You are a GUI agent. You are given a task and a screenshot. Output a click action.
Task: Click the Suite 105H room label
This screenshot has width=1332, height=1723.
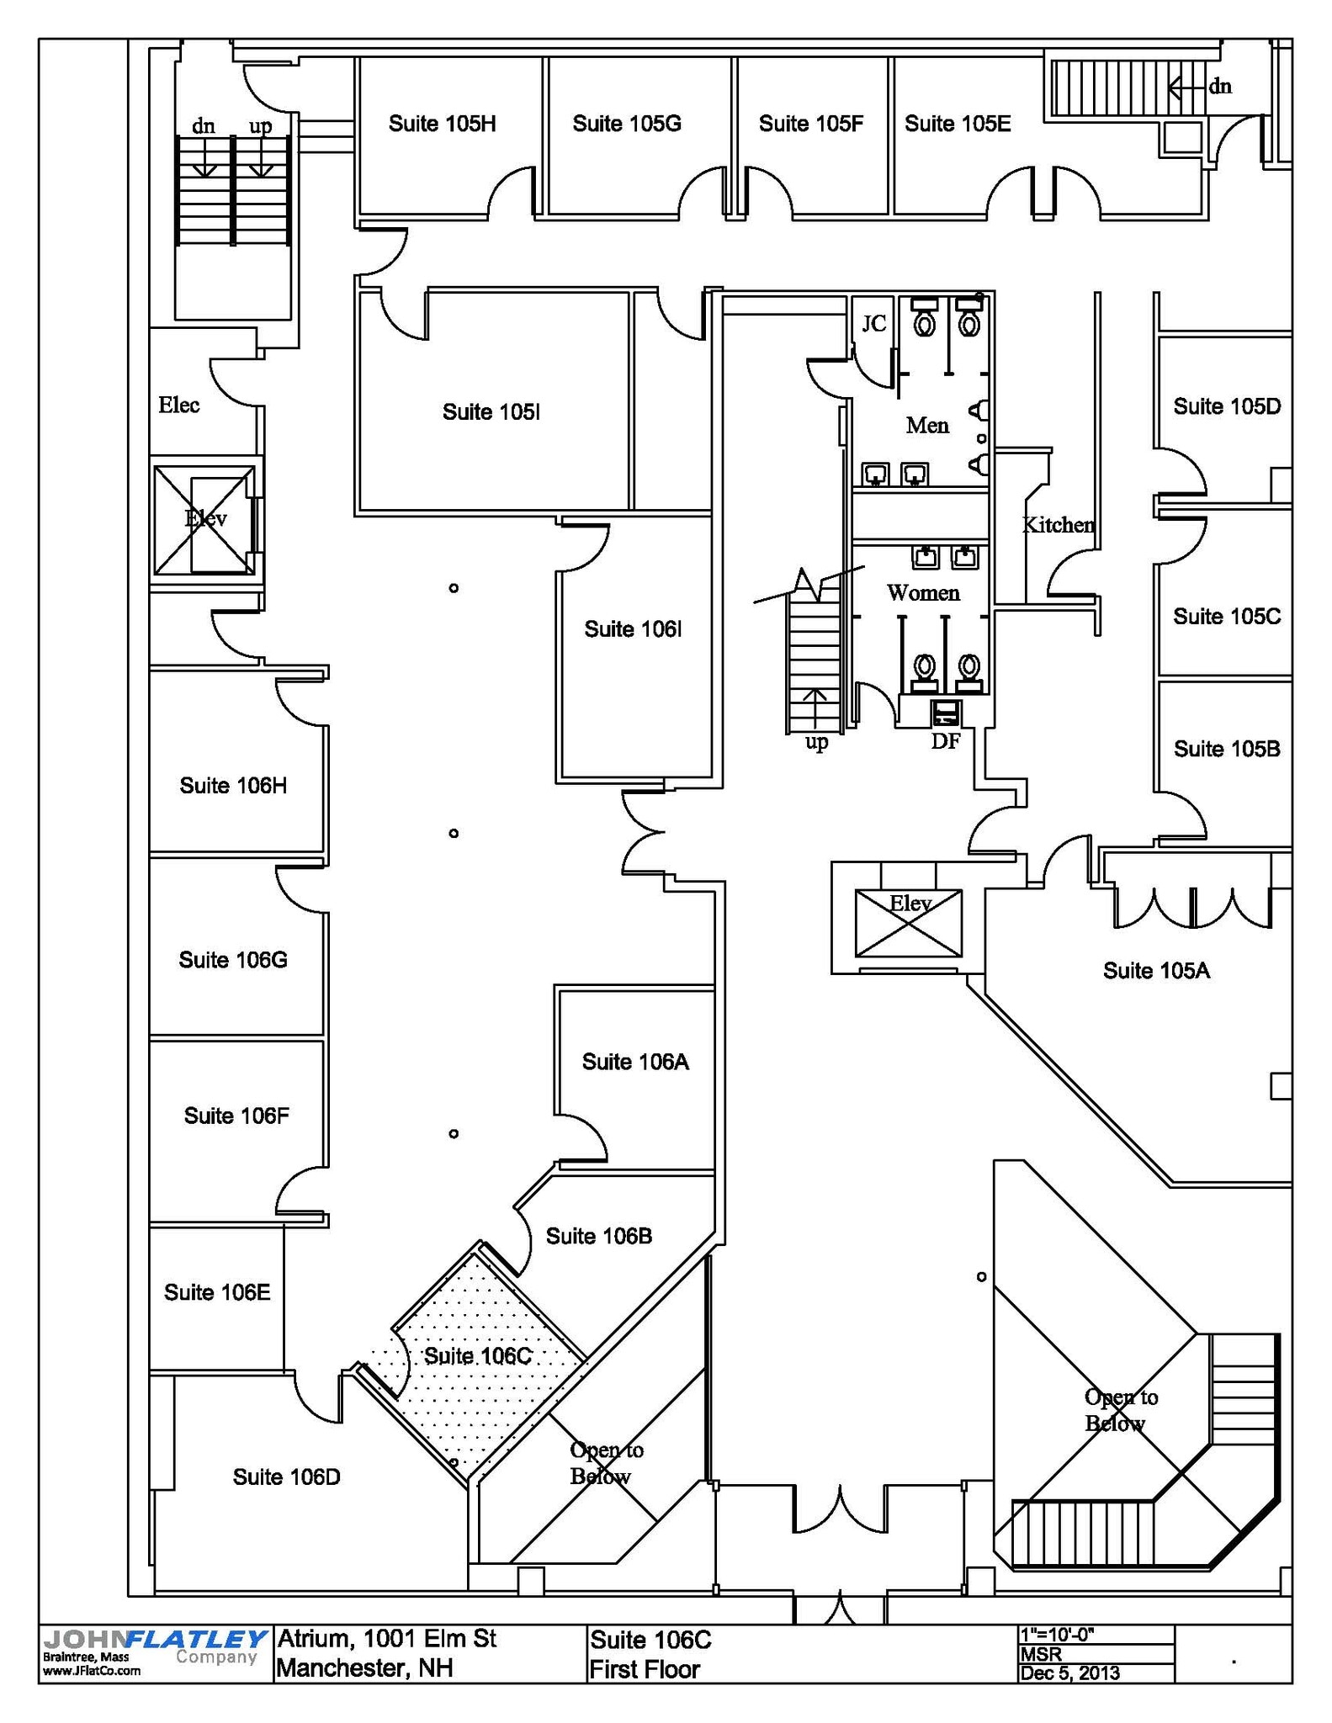coord(442,124)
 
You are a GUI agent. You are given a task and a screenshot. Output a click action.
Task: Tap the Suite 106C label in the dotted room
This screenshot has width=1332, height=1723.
coord(477,1355)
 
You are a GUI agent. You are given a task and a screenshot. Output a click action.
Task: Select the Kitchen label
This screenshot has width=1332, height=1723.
coord(1058,525)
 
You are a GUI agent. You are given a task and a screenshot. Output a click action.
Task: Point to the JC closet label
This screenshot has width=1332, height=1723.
coord(874,323)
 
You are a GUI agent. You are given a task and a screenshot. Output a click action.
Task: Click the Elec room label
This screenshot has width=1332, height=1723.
coord(179,405)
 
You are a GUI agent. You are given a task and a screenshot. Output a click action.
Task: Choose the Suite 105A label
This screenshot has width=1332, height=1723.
coord(1156,971)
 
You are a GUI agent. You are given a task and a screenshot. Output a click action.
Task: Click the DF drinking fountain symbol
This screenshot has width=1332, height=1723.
coord(946,714)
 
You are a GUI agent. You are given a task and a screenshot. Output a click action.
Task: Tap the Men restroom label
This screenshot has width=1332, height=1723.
coord(927,425)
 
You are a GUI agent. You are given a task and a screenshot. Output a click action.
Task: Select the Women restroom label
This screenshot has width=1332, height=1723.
coord(923,593)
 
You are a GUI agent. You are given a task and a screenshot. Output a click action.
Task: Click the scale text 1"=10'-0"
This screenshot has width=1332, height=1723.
coord(1056,1635)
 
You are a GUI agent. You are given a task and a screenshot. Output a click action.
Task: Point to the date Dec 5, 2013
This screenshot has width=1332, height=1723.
coord(1069,1672)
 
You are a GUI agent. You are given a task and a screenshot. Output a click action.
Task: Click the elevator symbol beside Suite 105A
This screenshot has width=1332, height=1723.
coord(908,923)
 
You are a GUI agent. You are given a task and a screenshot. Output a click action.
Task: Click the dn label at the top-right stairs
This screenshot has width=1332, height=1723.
coord(1220,86)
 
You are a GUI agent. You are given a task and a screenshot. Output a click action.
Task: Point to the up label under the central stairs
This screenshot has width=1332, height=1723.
coord(816,742)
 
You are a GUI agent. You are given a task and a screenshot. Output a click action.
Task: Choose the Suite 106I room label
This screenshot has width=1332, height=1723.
coord(633,629)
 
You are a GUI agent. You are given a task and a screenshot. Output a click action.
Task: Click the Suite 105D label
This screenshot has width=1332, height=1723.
coord(1227,406)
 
